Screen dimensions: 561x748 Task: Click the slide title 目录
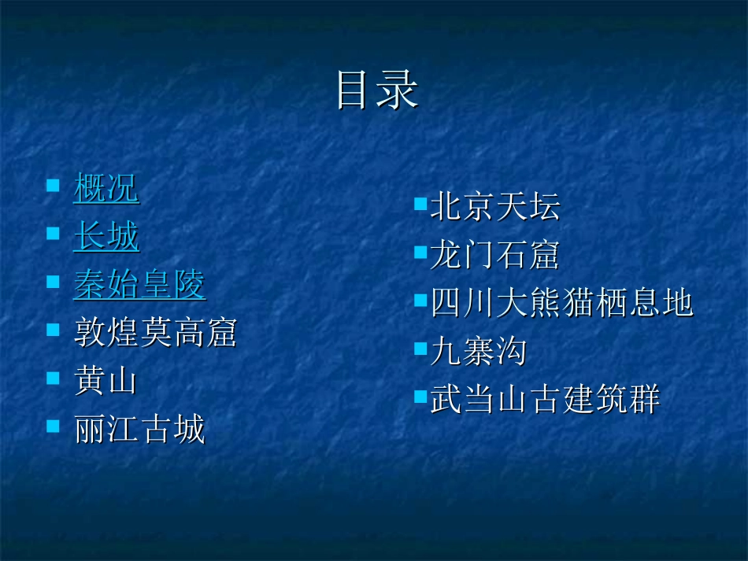click(x=376, y=90)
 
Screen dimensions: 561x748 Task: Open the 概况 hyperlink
click(x=106, y=188)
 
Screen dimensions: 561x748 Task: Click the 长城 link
click(x=106, y=236)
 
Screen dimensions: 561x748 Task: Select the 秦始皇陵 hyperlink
click(x=139, y=285)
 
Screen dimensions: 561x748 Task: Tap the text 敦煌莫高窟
click(x=155, y=333)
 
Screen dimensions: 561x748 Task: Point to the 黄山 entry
click(x=106, y=382)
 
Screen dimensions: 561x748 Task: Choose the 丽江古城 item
click(x=139, y=430)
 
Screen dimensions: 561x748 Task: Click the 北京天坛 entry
click(x=495, y=206)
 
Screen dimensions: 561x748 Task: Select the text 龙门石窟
click(x=495, y=255)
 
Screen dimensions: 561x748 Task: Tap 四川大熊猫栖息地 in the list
click(x=561, y=303)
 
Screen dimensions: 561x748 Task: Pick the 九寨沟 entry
click(x=479, y=352)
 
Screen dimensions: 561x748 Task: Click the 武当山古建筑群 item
click(x=545, y=400)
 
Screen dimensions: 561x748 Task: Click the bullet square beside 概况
click(x=53, y=186)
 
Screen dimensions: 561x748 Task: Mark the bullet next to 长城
click(x=53, y=234)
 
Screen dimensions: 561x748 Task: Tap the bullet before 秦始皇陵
click(x=53, y=282)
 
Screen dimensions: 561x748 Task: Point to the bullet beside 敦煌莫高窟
click(x=53, y=330)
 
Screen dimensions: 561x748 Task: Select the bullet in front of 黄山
click(x=53, y=378)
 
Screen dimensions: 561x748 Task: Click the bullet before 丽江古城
click(x=53, y=426)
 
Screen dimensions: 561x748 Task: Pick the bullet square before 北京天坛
click(x=420, y=205)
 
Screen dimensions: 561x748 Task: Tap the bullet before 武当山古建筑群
click(x=420, y=397)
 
